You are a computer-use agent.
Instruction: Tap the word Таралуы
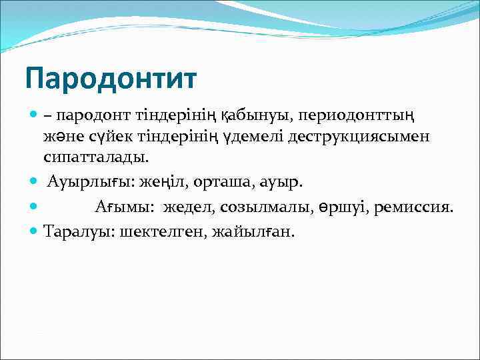[74, 231]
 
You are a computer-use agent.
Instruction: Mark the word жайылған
[253, 231]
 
